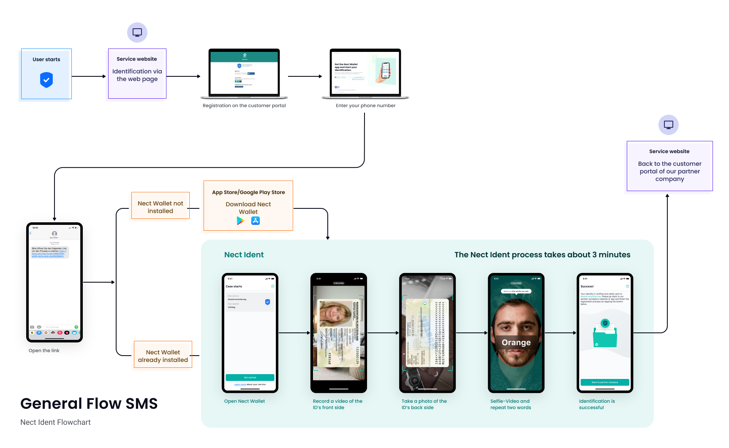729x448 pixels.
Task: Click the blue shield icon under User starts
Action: pos(46,80)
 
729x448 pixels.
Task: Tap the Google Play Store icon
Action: pos(240,221)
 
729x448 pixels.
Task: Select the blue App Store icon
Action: pos(256,221)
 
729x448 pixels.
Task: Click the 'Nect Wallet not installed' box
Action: pos(160,207)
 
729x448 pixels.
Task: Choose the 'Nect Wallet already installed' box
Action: pos(163,356)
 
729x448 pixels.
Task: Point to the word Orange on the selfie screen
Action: pos(516,343)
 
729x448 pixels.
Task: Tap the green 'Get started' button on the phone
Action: pos(250,378)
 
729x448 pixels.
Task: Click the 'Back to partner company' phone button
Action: pos(604,382)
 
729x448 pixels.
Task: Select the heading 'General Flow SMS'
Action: pos(89,404)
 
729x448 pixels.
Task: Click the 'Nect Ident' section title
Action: pos(244,255)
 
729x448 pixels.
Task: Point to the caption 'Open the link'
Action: pos(44,351)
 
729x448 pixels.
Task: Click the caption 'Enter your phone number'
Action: pos(365,105)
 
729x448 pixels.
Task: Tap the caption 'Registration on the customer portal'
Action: pos(244,105)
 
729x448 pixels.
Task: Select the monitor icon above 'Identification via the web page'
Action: pos(137,32)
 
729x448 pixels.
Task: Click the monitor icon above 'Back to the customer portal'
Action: pos(669,125)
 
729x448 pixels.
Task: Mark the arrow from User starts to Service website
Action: pos(89,76)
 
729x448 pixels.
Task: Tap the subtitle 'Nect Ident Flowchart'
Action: pos(55,422)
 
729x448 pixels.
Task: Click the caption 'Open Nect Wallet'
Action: pos(245,401)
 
